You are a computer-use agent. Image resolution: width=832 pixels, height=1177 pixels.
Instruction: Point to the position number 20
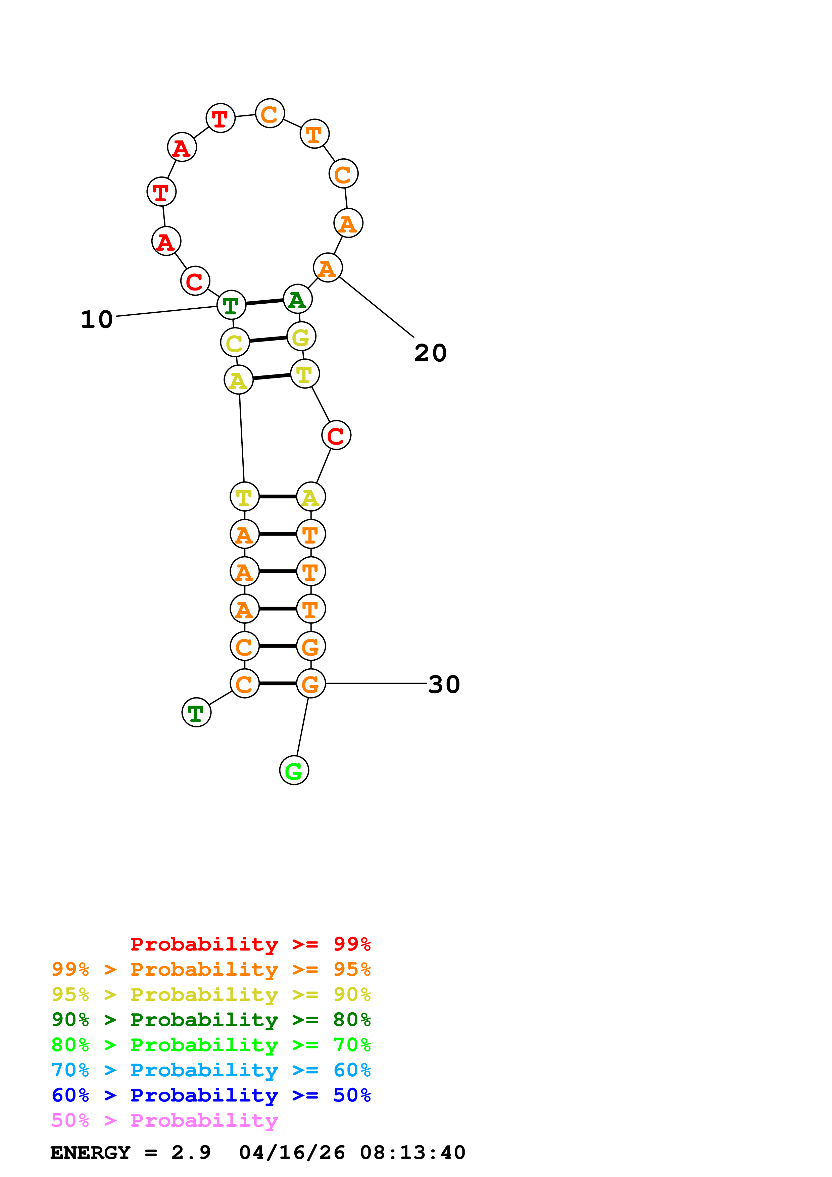click(430, 353)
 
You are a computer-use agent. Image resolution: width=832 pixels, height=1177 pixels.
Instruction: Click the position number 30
click(444, 684)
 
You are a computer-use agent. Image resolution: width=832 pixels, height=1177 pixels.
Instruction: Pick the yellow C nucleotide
click(235, 343)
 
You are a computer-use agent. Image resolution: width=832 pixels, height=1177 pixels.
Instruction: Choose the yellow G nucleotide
click(301, 337)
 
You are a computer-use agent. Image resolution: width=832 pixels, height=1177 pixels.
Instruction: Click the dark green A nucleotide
click(297, 299)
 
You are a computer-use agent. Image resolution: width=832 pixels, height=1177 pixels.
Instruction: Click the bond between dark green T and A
click(264, 302)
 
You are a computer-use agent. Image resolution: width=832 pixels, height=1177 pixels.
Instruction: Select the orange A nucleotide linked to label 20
click(328, 268)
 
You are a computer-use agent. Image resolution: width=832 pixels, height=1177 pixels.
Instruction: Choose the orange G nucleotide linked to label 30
click(311, 683)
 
